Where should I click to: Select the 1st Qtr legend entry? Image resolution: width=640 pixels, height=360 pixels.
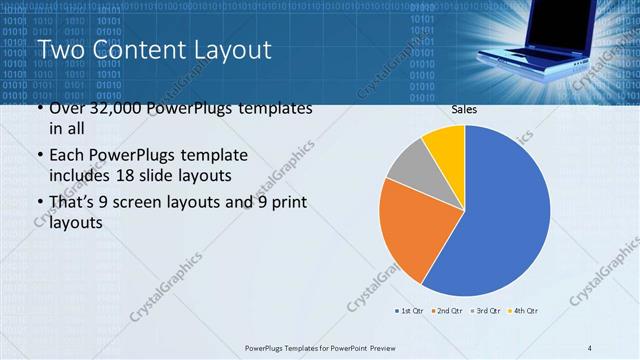410,311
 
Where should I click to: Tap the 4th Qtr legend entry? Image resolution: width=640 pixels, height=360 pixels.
523,311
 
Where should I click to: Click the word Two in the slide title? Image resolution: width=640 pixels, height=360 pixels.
61,49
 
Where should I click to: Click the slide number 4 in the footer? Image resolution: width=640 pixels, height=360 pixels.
589,347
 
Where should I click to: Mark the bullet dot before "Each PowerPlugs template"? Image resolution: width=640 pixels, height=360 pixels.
40,157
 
